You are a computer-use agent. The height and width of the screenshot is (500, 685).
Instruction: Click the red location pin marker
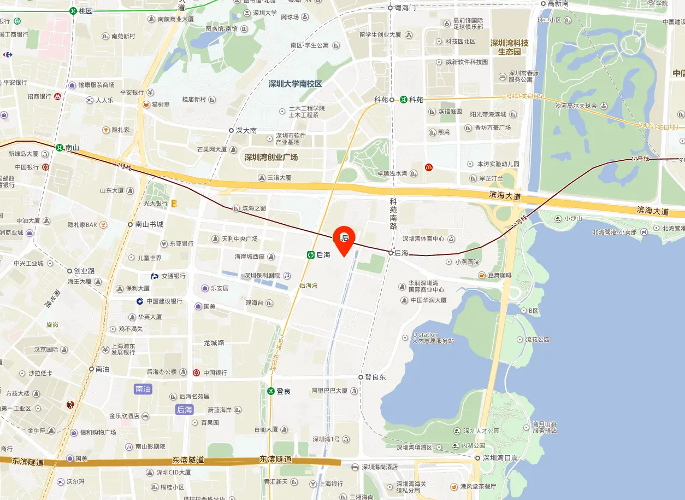(x=344, y=239)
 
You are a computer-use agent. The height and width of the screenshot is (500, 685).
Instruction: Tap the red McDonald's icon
(x=429, y=167)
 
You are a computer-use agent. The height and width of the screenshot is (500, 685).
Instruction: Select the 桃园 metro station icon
(x=73, y=10)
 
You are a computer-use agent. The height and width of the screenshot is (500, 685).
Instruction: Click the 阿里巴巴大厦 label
(x=329, y=391)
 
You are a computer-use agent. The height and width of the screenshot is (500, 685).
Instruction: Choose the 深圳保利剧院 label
(x=262, y=276)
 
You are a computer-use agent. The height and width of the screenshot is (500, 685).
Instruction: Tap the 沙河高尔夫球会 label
(x=576, y=106)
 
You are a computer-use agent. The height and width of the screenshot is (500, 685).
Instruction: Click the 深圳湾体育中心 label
(x=423, y=239)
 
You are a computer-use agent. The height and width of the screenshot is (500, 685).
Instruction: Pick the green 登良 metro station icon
(x=270, y=391)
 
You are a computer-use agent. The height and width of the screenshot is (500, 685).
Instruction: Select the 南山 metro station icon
(x=59, y=147)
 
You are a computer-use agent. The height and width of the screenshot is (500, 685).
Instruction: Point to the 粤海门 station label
(x=405, y=8)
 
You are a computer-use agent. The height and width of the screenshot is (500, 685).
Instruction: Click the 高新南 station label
(x=558, y=3)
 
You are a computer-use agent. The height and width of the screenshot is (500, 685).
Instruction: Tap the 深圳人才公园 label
(x=481, y=431)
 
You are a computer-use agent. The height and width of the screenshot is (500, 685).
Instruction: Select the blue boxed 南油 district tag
(x=143, y=389)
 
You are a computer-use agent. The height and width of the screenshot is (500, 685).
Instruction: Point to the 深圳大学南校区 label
(x=295, y=84)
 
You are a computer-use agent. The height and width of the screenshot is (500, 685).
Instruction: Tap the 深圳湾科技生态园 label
(x=509, y=47)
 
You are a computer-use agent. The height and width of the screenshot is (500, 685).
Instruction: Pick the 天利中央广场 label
(x=239, y=239)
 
